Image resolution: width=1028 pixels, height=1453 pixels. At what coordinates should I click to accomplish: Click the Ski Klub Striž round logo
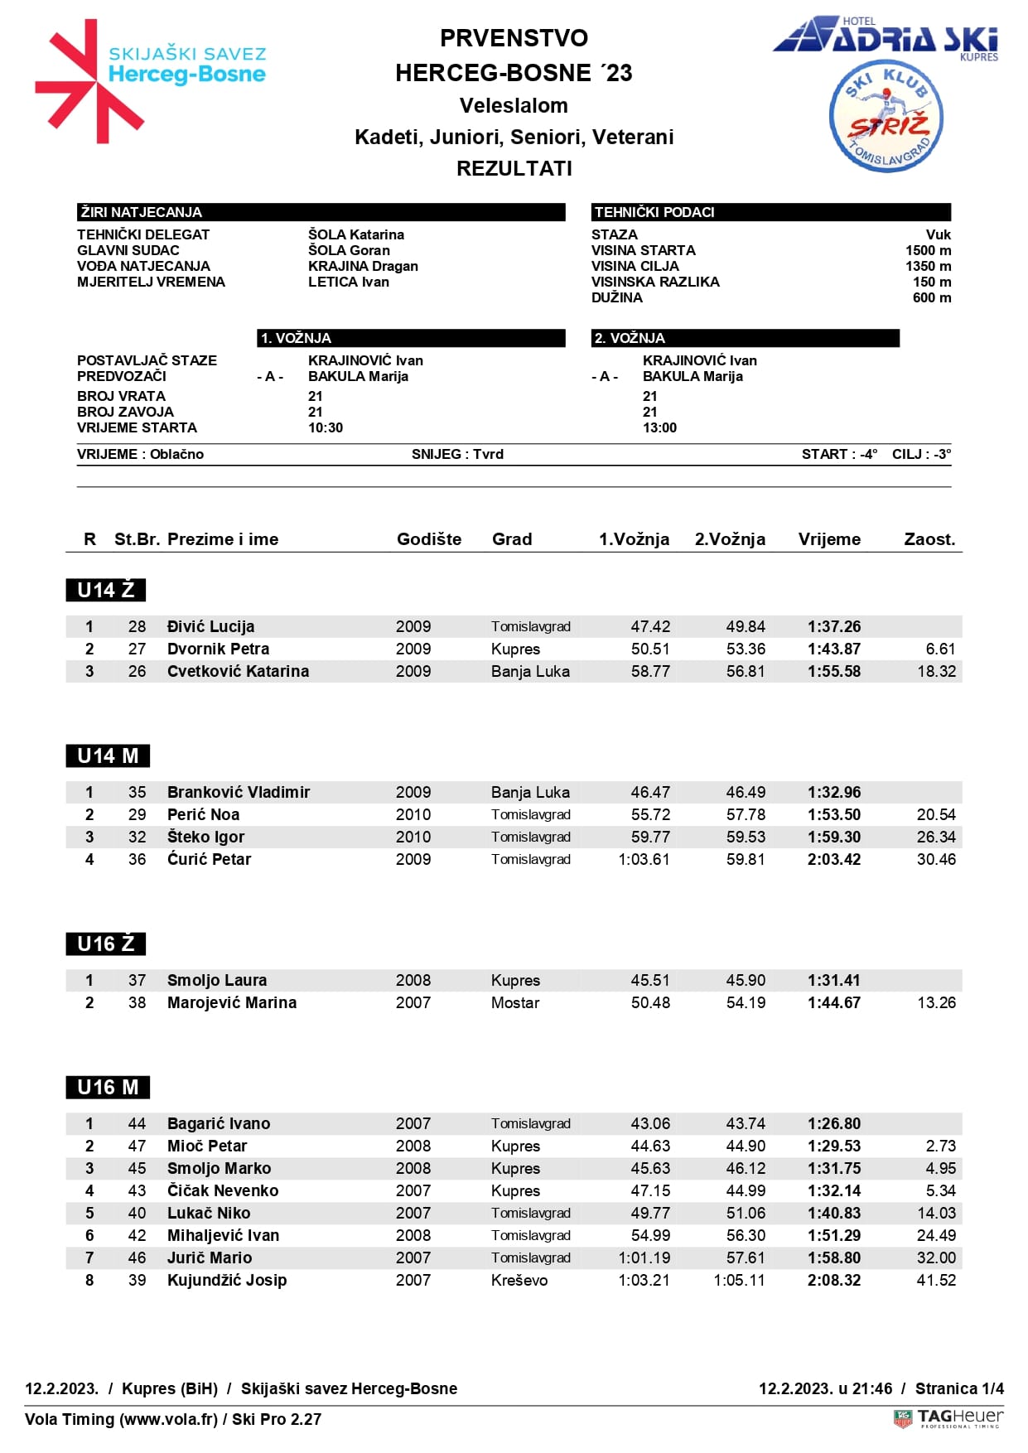click(x=886, y=117)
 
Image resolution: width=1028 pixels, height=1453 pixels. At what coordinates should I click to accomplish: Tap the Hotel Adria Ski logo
click(x=886, y=37)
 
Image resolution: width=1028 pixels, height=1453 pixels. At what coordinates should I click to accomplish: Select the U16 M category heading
click(x=108, y=1087)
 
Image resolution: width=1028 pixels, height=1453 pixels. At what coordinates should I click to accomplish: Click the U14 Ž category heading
click(x=106, y=590)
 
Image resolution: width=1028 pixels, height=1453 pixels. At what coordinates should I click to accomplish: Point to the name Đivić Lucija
click(x=210, y=626)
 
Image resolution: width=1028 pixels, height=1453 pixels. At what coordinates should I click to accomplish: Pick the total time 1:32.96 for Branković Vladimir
click(x=833, y=792)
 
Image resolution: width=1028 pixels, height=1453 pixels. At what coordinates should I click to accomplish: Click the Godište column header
click(x=429, y=539)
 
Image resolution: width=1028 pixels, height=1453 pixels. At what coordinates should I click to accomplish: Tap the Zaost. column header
click(x=929, y=539)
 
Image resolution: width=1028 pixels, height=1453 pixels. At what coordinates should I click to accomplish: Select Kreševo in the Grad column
click(x=519, y=1280)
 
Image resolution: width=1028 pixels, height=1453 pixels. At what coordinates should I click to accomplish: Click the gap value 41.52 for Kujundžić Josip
click(x=936, y=1280)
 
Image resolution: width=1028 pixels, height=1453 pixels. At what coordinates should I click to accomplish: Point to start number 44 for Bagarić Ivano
click(x=137, y=1123)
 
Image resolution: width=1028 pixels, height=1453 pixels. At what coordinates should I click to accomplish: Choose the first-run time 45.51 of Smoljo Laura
click(x=649, y=980)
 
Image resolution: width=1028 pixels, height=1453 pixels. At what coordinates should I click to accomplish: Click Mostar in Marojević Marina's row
click(x=514, y=1002)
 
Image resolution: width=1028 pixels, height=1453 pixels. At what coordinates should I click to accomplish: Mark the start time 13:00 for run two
click(x=659, y=427)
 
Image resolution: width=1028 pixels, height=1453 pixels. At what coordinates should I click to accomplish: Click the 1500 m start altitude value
click(x=928, y=250)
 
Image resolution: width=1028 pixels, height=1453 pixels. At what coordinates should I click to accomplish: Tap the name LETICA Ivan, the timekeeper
click(x=348, y=282)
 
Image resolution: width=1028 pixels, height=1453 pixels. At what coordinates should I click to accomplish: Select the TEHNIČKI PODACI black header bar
click(x=770, y=212)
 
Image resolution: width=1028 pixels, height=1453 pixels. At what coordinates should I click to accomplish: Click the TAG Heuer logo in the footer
click(x=948, y=1418)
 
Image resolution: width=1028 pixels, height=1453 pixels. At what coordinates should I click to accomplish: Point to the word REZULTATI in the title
click(x=514, y=168)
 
